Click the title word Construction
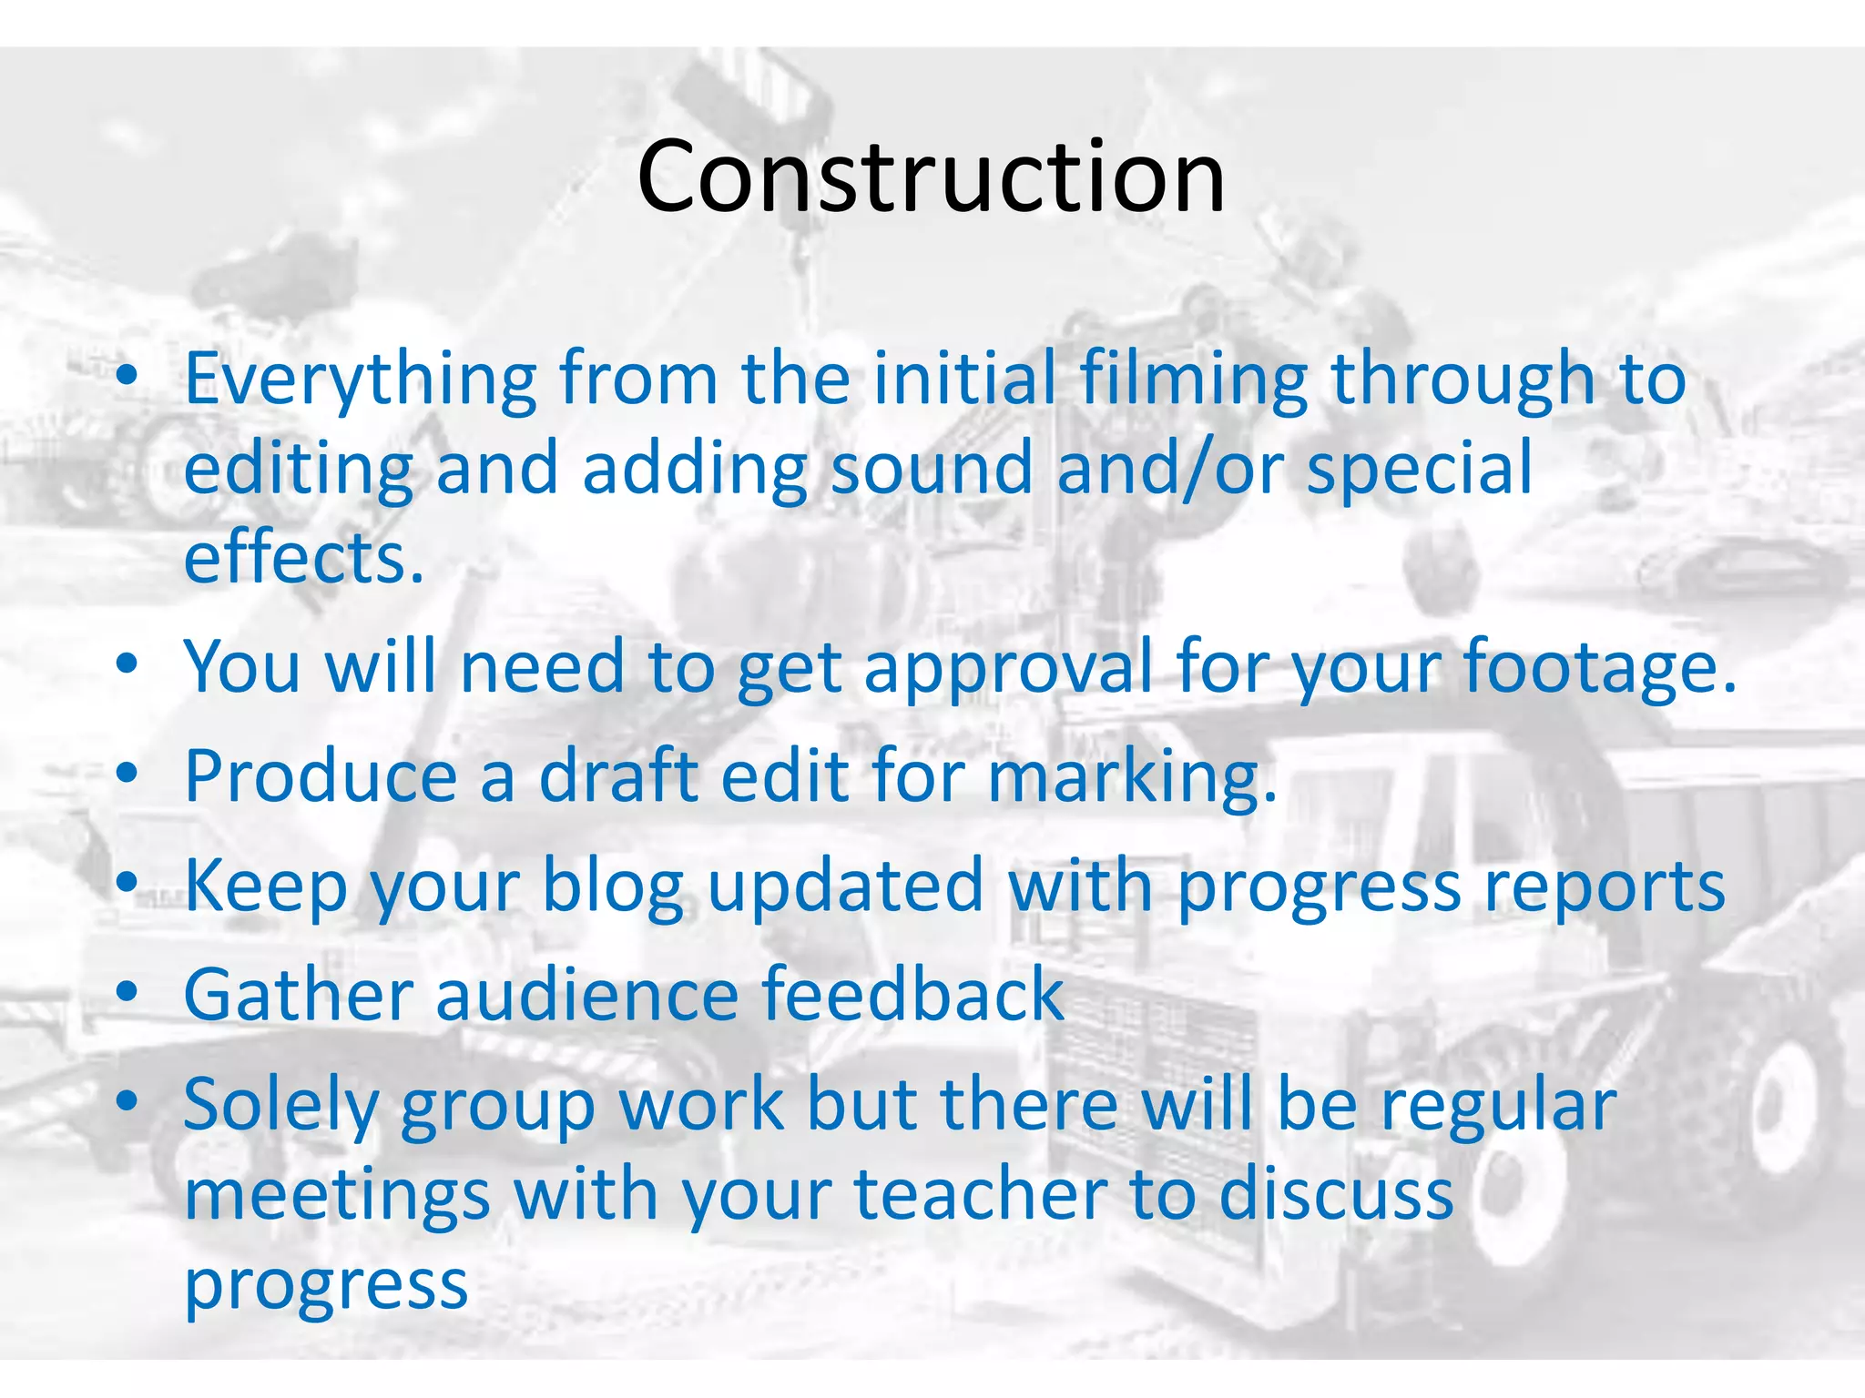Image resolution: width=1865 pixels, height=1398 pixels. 931,177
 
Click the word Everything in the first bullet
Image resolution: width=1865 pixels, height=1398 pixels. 361,380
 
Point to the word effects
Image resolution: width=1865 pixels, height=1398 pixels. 304,558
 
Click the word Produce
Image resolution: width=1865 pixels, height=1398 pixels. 321,776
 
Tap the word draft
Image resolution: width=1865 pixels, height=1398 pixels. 619,776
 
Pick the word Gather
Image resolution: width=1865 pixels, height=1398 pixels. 299,995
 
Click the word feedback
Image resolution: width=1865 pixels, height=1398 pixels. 912,995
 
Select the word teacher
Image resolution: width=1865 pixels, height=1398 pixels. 981,1195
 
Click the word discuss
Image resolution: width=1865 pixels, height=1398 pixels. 1336,1195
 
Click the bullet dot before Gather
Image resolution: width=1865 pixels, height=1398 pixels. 127,990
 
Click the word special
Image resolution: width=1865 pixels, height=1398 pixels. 1420,469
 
